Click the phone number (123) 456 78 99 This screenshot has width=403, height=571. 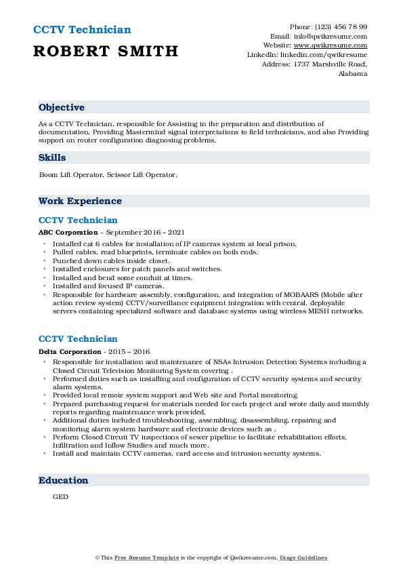coord(341,26)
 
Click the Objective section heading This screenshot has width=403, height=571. coord(62,107)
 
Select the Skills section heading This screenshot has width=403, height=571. coord(52,157)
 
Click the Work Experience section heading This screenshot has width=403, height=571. coord(80,201)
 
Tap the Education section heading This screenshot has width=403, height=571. coord(63,480)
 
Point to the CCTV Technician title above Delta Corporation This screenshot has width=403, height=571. coord(78,338)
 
